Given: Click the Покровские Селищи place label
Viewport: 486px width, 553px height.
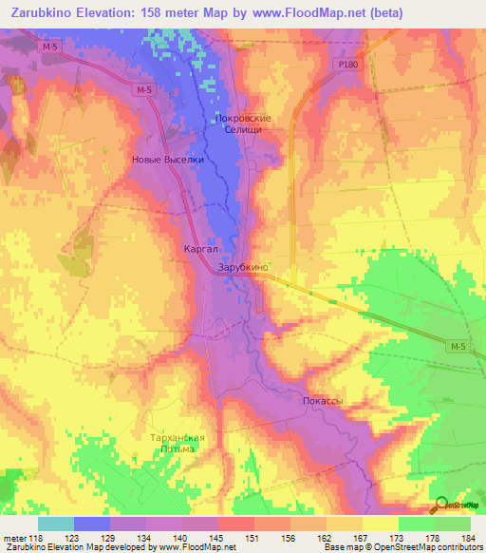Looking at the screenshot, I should tap(244, 124).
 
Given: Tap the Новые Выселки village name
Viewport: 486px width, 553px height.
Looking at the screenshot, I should tap(167, 160).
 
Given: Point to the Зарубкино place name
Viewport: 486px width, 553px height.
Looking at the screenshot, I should tap(244, 268).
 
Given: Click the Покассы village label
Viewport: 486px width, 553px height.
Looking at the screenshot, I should tap(323, 402).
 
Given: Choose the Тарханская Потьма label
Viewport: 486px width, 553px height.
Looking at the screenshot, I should tap(178, 442).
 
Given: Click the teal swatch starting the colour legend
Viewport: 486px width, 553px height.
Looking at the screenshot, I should tap(55, 524).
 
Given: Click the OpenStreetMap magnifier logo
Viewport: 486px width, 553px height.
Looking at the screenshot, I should tap(440, 505).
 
